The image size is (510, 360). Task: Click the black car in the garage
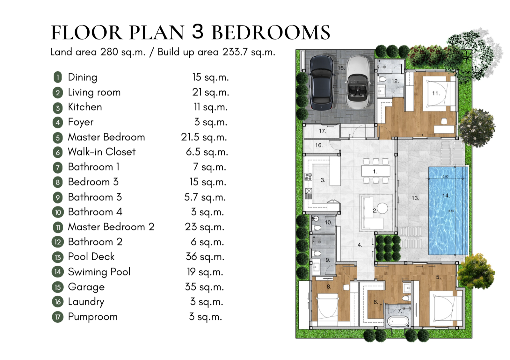(322, 83)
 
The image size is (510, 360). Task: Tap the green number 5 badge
(58, 138)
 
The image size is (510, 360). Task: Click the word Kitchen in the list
(85, 107)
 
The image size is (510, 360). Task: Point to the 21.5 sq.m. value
(204, 137)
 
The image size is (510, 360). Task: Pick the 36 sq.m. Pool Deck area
(205, 257)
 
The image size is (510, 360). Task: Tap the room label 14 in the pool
(446, 195)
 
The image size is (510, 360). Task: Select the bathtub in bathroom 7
(397, 321)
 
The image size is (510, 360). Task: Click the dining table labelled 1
(376, 171)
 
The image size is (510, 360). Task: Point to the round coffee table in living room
(382, 208)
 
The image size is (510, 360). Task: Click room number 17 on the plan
(322, 131)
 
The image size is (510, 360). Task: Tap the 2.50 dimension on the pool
(446, 176)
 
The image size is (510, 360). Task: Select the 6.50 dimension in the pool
(451, 211)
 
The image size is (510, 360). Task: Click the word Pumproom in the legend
(93, 317)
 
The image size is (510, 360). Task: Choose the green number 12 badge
(58, 242)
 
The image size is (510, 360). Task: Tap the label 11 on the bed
(436, 93)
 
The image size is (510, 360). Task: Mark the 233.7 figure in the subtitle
(235, 52)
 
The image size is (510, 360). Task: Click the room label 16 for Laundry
(319, 145)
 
